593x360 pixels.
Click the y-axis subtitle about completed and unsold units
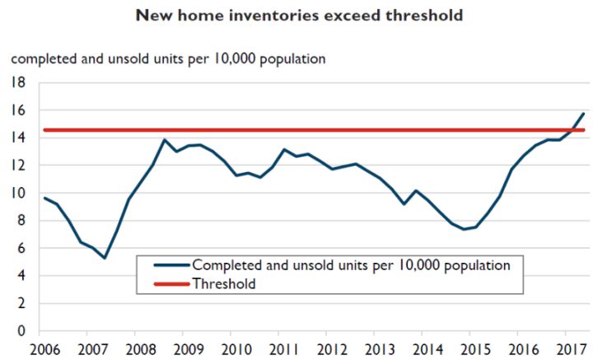click(167, 58)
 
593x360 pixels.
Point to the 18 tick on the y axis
click(18, 82)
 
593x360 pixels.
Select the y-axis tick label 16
click(18, 110)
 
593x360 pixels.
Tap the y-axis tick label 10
click(18, 194)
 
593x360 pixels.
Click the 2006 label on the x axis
click(44, 348)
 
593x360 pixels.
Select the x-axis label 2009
click(188, 348)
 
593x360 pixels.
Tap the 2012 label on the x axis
click(331, 348)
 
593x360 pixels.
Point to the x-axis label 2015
click(474, 348)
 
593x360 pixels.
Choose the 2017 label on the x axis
click(568, 348)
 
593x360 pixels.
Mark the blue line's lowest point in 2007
click(105, 258)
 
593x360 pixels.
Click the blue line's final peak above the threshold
click(583, 113)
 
